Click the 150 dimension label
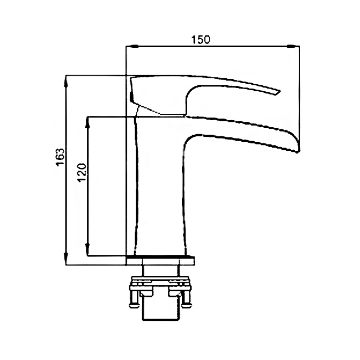pos(201,40)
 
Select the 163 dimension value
pos(60,157)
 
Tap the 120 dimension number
pos(82,173)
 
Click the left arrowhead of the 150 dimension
pos(132,46)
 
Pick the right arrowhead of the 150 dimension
pos(293,46)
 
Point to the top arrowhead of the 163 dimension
pos(66,81)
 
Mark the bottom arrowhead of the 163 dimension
pos(66,259)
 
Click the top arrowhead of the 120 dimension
pos(87,122)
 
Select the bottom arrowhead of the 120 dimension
pos(87,250)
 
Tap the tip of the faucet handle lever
pos(279,91)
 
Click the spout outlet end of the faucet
pos(298,147)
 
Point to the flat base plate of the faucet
pos(161,261)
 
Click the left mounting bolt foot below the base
pos(135,306)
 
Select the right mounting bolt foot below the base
pos(186,306)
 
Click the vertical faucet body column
pos(161,186)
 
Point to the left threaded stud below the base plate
pos(143,271)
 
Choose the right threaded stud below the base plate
pos(178,271)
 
